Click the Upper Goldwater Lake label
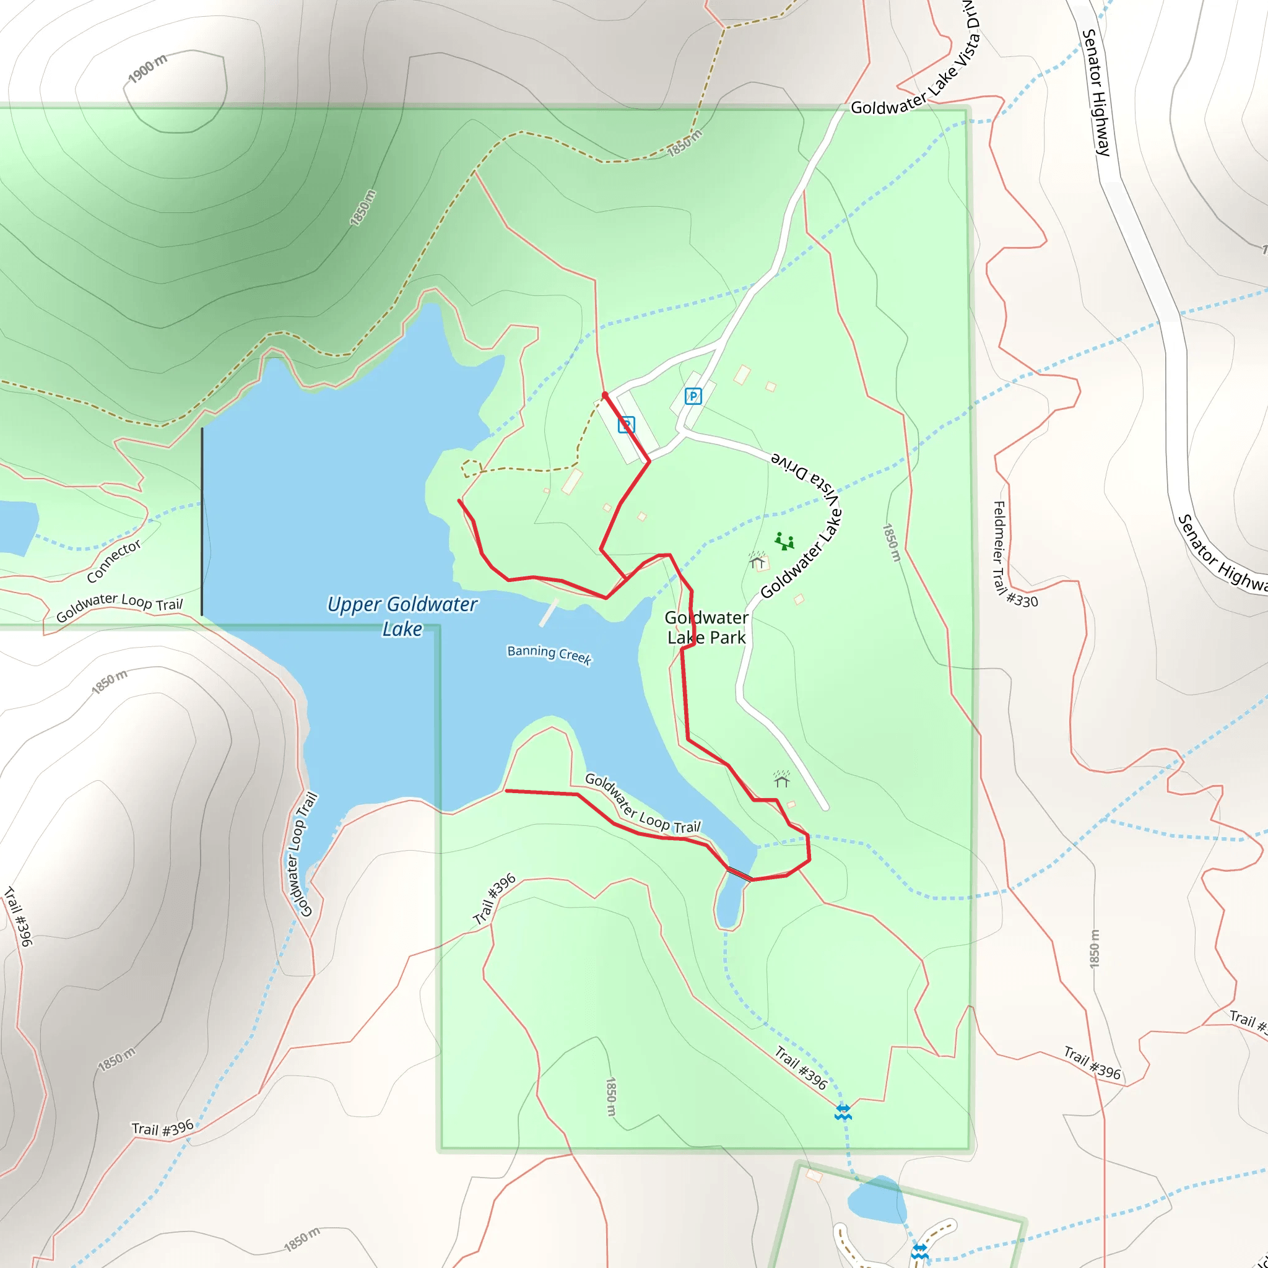pyautogui.click(x=402, y=616)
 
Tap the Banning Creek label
pyautogui.click(x=549, y=654)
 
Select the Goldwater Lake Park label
pyautogui.click(x=706, y=627)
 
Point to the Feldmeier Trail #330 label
pyautogui.click(x=1014, y=555)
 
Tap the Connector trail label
pyautogui.click(x=114, y=561)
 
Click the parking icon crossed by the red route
pyautogui.click(x=626, y=425)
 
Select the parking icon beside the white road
pyautogui.click(x=693, y=396)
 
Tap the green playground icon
pyautogui.click(x=784, y=542)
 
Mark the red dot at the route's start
pyautogui.click(x=604, y=394)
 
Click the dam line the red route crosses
pyautogui.click(x=739, y=874)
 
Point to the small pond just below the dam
pyautogui.click(x=730, y=905)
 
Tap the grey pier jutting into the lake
pyautogui.click(x=549, y=612)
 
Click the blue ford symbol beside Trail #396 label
pyautogui.click(x=843, y=1112)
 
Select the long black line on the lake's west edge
pyautogui.click(x=202, y=522)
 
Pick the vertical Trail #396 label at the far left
pyautogui.click(x=19, y=916)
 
